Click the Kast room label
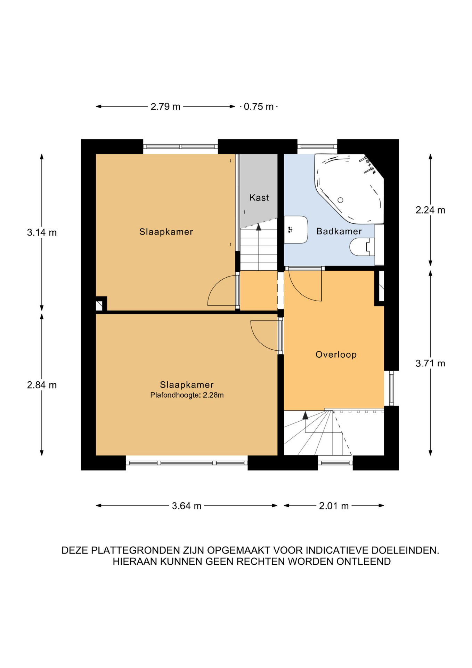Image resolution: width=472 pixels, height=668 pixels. click(259, 198)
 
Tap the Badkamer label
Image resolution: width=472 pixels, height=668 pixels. click(339, 231)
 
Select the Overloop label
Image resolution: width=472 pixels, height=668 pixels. click(336, 355)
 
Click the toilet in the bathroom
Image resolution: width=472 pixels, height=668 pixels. click(362, 247)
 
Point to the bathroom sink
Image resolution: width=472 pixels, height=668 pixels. click(296, 230)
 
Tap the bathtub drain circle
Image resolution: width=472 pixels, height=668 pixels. click(340, 200)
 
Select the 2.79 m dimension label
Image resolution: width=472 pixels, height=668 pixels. click(165, 106)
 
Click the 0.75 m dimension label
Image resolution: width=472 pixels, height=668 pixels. click(259, 106)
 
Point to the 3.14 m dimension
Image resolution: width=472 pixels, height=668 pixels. click(42, 232)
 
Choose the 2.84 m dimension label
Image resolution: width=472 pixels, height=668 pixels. click(42, 385)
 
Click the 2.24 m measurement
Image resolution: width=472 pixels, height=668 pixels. click(430, 210)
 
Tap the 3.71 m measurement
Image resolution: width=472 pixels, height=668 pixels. click(430, 363)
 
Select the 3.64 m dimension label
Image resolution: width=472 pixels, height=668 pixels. click(187, 506)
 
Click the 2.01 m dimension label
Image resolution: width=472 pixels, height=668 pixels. click(334, 506)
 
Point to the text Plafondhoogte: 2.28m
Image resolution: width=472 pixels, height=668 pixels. click(187, 395)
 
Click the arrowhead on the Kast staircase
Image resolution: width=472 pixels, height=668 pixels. click(258, 227)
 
